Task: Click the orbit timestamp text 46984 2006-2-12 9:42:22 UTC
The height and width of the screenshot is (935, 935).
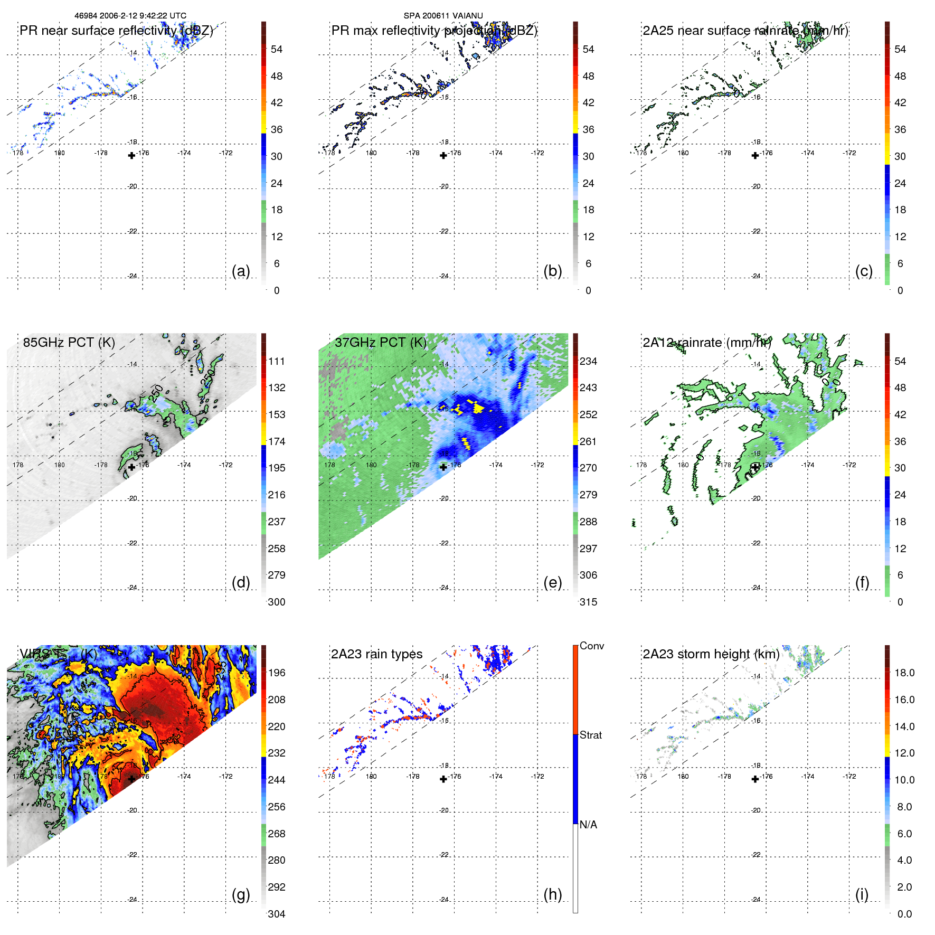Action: [130, 16]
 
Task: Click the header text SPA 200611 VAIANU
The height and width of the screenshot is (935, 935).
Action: [443, 16]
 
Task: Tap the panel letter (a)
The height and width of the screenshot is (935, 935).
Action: [241, 271]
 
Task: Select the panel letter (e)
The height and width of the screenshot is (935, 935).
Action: [552, 582]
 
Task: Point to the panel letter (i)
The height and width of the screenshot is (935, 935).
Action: [862, 894]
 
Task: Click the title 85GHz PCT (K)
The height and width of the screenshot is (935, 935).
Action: [69, 342]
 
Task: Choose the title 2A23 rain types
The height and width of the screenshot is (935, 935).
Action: [376, 654]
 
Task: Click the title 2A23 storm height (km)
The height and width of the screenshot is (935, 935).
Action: [711, 654]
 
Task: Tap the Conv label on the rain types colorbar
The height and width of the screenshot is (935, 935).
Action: [592, 646]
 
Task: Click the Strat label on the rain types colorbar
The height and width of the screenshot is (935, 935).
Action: [591, 735]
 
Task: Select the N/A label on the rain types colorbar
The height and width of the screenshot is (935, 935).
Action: [588, 825]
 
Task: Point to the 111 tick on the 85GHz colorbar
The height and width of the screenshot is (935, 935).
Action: [277, 361]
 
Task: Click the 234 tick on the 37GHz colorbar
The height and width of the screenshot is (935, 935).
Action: [588, 361]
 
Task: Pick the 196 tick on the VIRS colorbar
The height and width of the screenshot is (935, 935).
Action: [277, 673]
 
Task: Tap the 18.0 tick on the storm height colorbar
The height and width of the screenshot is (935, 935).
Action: [904, 673]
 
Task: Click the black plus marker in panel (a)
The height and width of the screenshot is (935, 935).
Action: [131, 155]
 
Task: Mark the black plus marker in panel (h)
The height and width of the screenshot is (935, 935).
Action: [443, 779]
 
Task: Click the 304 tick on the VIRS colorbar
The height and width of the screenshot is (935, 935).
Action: [277, 914]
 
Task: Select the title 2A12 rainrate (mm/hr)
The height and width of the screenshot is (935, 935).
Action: [707, 342]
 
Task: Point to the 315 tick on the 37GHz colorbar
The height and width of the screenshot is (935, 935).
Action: [588, 602]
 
